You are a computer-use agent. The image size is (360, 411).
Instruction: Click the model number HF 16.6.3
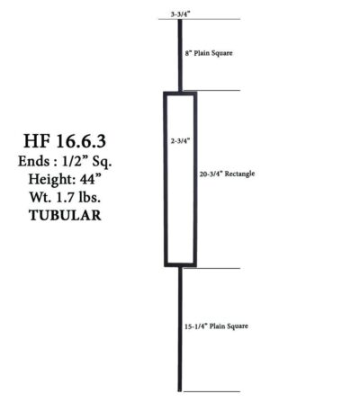[65, 141]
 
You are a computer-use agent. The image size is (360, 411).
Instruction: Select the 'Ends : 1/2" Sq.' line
[65, 161]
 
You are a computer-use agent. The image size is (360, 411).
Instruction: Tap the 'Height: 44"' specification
[65, 179]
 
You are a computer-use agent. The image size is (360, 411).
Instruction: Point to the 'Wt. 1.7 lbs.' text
[65, 197]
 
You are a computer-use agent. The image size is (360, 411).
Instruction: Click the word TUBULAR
[65, 215]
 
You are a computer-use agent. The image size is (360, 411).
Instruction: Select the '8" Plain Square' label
[209, 53]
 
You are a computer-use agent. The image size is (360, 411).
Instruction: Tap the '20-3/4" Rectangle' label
[227, 174]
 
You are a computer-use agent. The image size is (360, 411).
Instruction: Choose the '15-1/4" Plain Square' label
[216, 326]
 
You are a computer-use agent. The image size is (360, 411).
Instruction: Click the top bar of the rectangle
[180, 94]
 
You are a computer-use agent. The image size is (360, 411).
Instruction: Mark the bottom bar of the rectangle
[180, 264]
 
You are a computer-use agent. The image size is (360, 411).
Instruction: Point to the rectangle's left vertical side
[166, 179]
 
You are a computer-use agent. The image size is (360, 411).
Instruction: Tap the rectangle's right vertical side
[195, 179]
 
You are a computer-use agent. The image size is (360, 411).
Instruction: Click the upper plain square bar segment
[180, 55]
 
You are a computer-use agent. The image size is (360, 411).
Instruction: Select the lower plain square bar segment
[180, 329]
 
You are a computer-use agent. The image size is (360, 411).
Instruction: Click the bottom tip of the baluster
[180, 391]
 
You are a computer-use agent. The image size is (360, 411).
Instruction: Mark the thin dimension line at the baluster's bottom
[211, 391]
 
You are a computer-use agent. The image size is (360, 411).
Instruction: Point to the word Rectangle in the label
[240, 174]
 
